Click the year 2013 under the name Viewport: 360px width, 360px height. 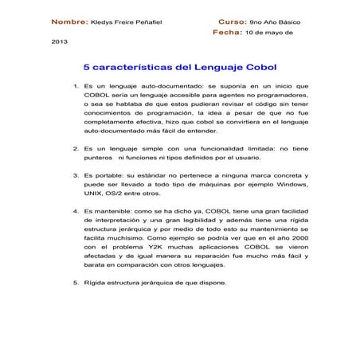point(60,48)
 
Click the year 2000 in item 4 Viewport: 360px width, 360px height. point(299,237)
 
